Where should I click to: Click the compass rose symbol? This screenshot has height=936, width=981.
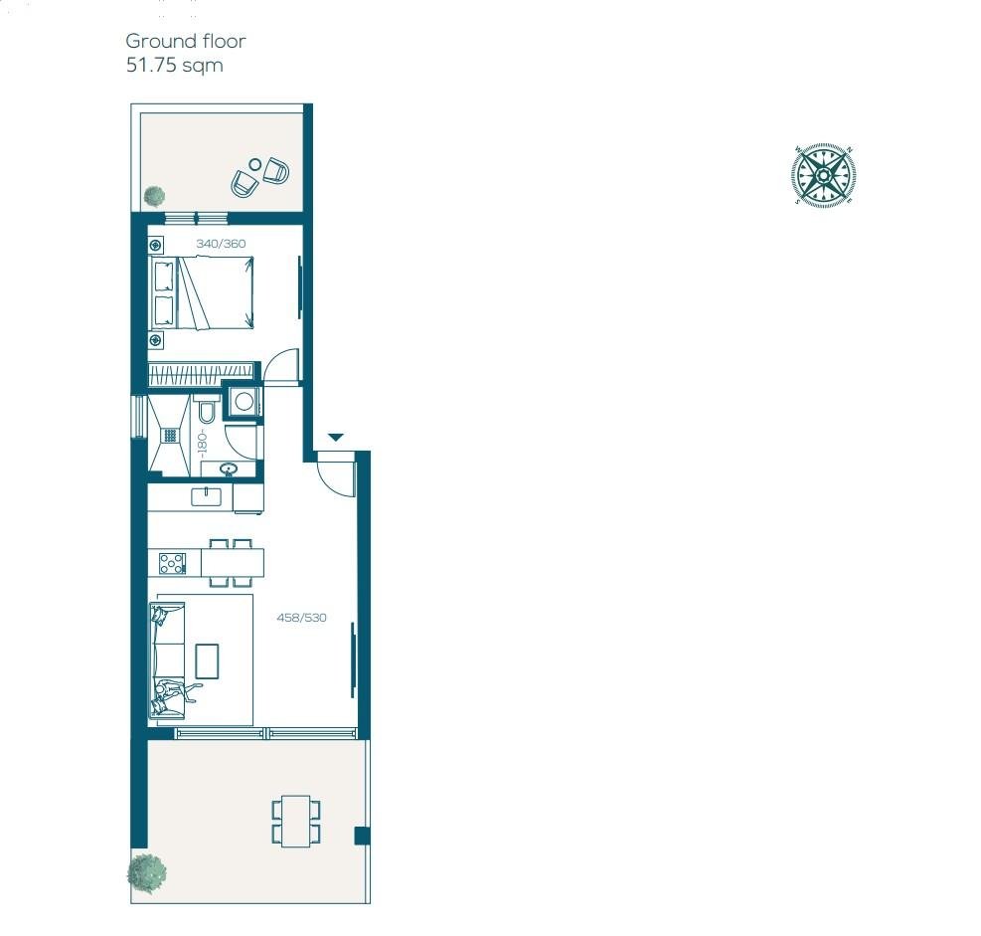click(823, 175)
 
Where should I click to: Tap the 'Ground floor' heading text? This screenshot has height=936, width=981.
click(185, 42)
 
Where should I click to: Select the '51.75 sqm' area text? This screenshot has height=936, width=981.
click(175, 65)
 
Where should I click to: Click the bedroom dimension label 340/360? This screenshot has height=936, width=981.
click(221, 244)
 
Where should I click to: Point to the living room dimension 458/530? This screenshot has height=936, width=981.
click(301, 618)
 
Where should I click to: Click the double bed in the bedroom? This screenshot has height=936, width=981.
click(202, 293)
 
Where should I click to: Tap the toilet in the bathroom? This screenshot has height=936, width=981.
click(207, 411)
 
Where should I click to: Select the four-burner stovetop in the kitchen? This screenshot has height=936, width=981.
click(172, 563)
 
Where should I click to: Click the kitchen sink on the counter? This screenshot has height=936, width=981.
click(206, 497)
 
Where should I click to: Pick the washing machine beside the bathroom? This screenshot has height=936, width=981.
click(244, 401)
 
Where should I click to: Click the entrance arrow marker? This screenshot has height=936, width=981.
click(336, 437)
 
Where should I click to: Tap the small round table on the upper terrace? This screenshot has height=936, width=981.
click(254, 165)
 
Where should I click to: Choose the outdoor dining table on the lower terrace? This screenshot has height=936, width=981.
click(296, 821)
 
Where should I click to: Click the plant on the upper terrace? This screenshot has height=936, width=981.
click(154, 196)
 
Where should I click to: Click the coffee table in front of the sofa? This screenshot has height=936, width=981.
click(207, 661)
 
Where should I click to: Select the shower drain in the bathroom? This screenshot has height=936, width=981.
click(170, 435)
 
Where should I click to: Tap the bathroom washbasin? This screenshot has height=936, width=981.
click(229, 468)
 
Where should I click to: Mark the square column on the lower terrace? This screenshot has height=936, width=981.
click(362, 836)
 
